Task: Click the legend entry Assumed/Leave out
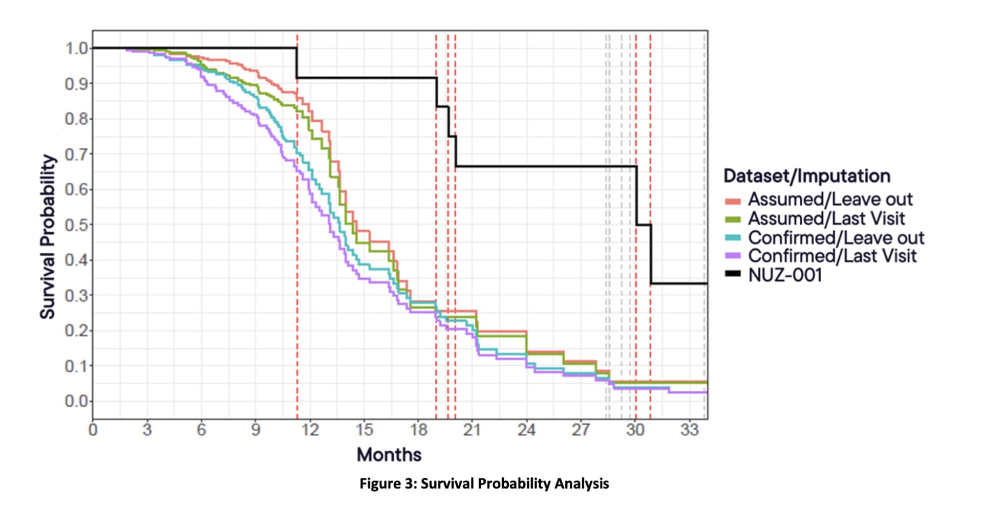(830, 199)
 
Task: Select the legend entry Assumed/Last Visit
(826, 218)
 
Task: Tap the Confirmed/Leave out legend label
(836, 237)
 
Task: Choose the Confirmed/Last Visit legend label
(832, 256)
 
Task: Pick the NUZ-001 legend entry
(785, 275)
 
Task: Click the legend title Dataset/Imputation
(806, 176)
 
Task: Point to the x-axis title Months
(389, 454)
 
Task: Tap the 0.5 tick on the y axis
(75, 225)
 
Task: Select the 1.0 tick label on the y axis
(75, 48)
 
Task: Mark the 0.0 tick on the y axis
(75, 401)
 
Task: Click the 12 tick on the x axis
(310, 430)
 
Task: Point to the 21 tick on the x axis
(473, 430)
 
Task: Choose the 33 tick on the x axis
(689, 430)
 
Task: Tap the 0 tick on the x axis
(93, 430)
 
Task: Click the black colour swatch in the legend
(733, 274)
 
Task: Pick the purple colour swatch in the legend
(733, 256)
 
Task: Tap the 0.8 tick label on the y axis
(75, 119)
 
